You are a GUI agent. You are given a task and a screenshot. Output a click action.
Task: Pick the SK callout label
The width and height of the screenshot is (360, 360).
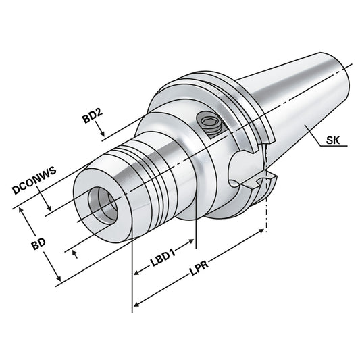333,141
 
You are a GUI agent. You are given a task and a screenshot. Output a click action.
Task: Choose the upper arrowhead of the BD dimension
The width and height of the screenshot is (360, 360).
24,211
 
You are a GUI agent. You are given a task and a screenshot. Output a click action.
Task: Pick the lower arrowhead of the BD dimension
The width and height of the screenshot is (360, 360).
59,278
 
